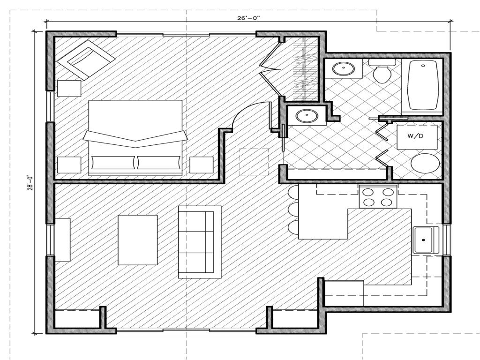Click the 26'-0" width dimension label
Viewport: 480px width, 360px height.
(248, 18)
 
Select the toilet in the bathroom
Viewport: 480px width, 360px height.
(382, 71)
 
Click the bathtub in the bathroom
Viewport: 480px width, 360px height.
(423, 85)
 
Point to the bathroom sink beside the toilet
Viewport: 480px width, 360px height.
(345, 69)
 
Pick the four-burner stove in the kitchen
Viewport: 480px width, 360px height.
(378, 196)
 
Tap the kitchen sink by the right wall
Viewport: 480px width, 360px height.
(425, 240)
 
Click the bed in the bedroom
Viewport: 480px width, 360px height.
(135, 137)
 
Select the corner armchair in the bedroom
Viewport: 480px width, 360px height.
(86, 58)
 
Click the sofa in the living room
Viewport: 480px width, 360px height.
(199, 241)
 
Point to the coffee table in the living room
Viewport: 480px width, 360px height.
(137, 240)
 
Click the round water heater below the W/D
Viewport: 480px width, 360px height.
(425, 163)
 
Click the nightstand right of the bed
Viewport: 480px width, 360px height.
(202, 165)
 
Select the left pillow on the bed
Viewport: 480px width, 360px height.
(113, 163)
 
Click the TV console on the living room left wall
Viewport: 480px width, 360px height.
(62, 240)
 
